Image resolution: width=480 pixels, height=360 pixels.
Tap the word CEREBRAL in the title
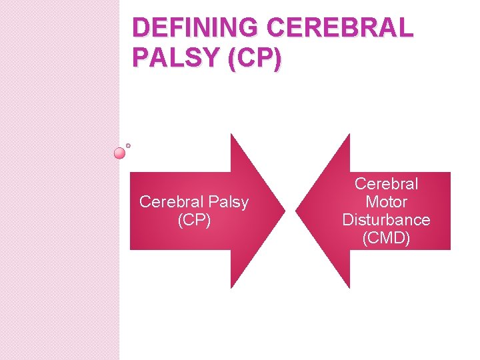[x=340, y=28]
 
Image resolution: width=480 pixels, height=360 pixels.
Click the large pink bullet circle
[x=119, y=153]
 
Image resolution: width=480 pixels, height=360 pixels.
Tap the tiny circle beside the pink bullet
[x=128, y=145]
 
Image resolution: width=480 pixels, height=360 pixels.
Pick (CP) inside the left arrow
[x=194, y=220]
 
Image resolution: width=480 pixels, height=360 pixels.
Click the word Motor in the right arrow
[x=386, y=201]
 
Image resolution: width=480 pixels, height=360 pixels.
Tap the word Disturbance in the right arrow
[x=386, y=219]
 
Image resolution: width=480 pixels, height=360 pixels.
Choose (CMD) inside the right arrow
[x=386, y=237]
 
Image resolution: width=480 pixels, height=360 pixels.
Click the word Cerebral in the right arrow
[x=386, y=183]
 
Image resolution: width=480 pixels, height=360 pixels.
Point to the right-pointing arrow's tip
[x=284, y=211]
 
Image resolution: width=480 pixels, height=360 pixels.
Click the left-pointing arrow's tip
[x=297, y=211]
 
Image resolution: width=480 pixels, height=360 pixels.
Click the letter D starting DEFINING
[x=141, y=28]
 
